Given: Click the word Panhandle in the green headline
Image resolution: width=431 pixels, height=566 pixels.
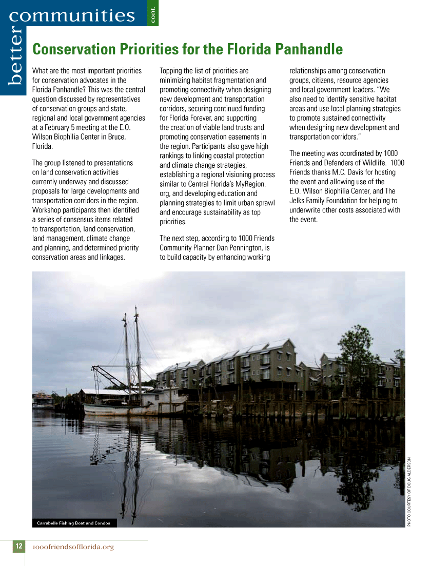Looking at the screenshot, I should [309, 49].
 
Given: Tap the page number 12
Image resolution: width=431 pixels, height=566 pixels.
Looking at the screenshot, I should [18, 547].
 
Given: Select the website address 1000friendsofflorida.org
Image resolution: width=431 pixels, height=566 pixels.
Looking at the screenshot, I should [73, 547].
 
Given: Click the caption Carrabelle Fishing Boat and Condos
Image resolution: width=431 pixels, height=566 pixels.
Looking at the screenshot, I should [74, 523].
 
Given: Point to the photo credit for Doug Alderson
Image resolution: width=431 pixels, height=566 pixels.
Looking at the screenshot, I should [409, 491].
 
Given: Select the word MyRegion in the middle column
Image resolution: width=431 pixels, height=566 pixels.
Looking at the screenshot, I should [251, 184].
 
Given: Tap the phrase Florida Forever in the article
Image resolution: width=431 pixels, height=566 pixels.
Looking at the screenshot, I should [188, 118].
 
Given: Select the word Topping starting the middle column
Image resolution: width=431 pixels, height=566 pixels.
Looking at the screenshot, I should [173, 71].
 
